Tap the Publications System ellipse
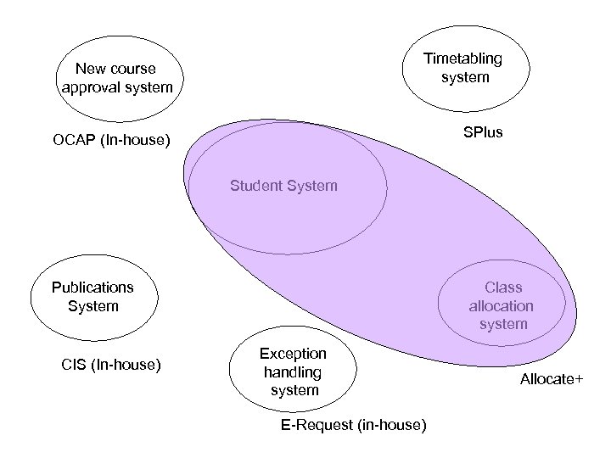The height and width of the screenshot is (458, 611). pos(92,297)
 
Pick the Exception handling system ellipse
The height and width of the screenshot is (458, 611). pos(293,371)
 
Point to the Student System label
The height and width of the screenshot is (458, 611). pos(283,185)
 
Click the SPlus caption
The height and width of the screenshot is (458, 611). pos(483,133)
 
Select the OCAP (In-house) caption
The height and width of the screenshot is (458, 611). pos(111,139)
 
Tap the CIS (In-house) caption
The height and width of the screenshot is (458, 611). pos(111,366)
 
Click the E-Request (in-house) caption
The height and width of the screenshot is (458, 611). pos(353,423)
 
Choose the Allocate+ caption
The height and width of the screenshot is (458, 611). pos(552,379)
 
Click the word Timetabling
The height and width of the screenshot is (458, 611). pos(463,59)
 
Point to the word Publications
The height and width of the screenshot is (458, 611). pos(92,288)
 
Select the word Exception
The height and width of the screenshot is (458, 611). pos(293,354)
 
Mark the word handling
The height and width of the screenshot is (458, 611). pos(293,371)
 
